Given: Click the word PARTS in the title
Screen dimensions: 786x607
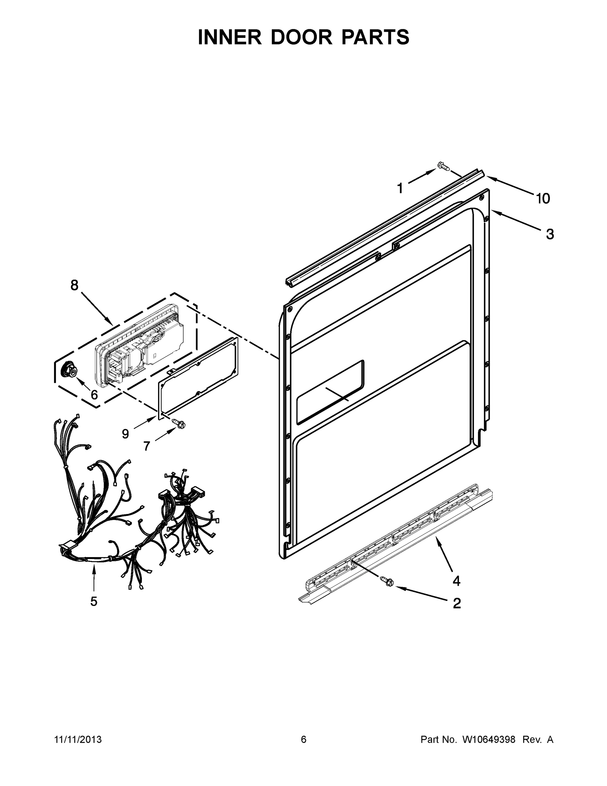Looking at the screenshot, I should point(375,37).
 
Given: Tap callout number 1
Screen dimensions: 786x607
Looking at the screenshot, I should point(400,188).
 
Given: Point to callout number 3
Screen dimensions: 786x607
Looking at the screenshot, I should point(550,234).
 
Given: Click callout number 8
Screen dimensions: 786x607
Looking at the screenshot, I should point(74,285).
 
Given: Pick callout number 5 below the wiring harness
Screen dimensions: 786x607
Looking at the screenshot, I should point(94,601).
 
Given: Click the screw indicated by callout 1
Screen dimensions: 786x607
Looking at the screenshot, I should point(443,166).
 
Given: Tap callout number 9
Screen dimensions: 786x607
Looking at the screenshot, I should point(125,434).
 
